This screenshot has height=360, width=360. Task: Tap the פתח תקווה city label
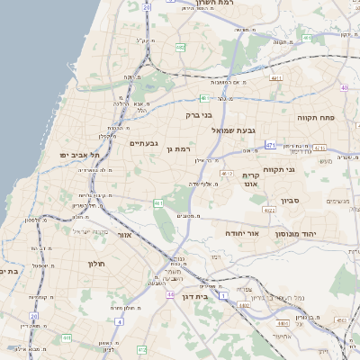pos(316,118)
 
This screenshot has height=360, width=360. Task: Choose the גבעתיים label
pos(144,143)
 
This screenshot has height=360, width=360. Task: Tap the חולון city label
pos(96,263)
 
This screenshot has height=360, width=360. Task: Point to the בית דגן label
pos(208,295)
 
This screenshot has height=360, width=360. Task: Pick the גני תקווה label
pos(280,169)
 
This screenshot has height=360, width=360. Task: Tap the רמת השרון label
pos(213,4)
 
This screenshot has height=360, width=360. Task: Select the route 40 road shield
pos(346,87)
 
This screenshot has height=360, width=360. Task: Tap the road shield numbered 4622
pos(269,210)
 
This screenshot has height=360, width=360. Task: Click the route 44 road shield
pos(169,294)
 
